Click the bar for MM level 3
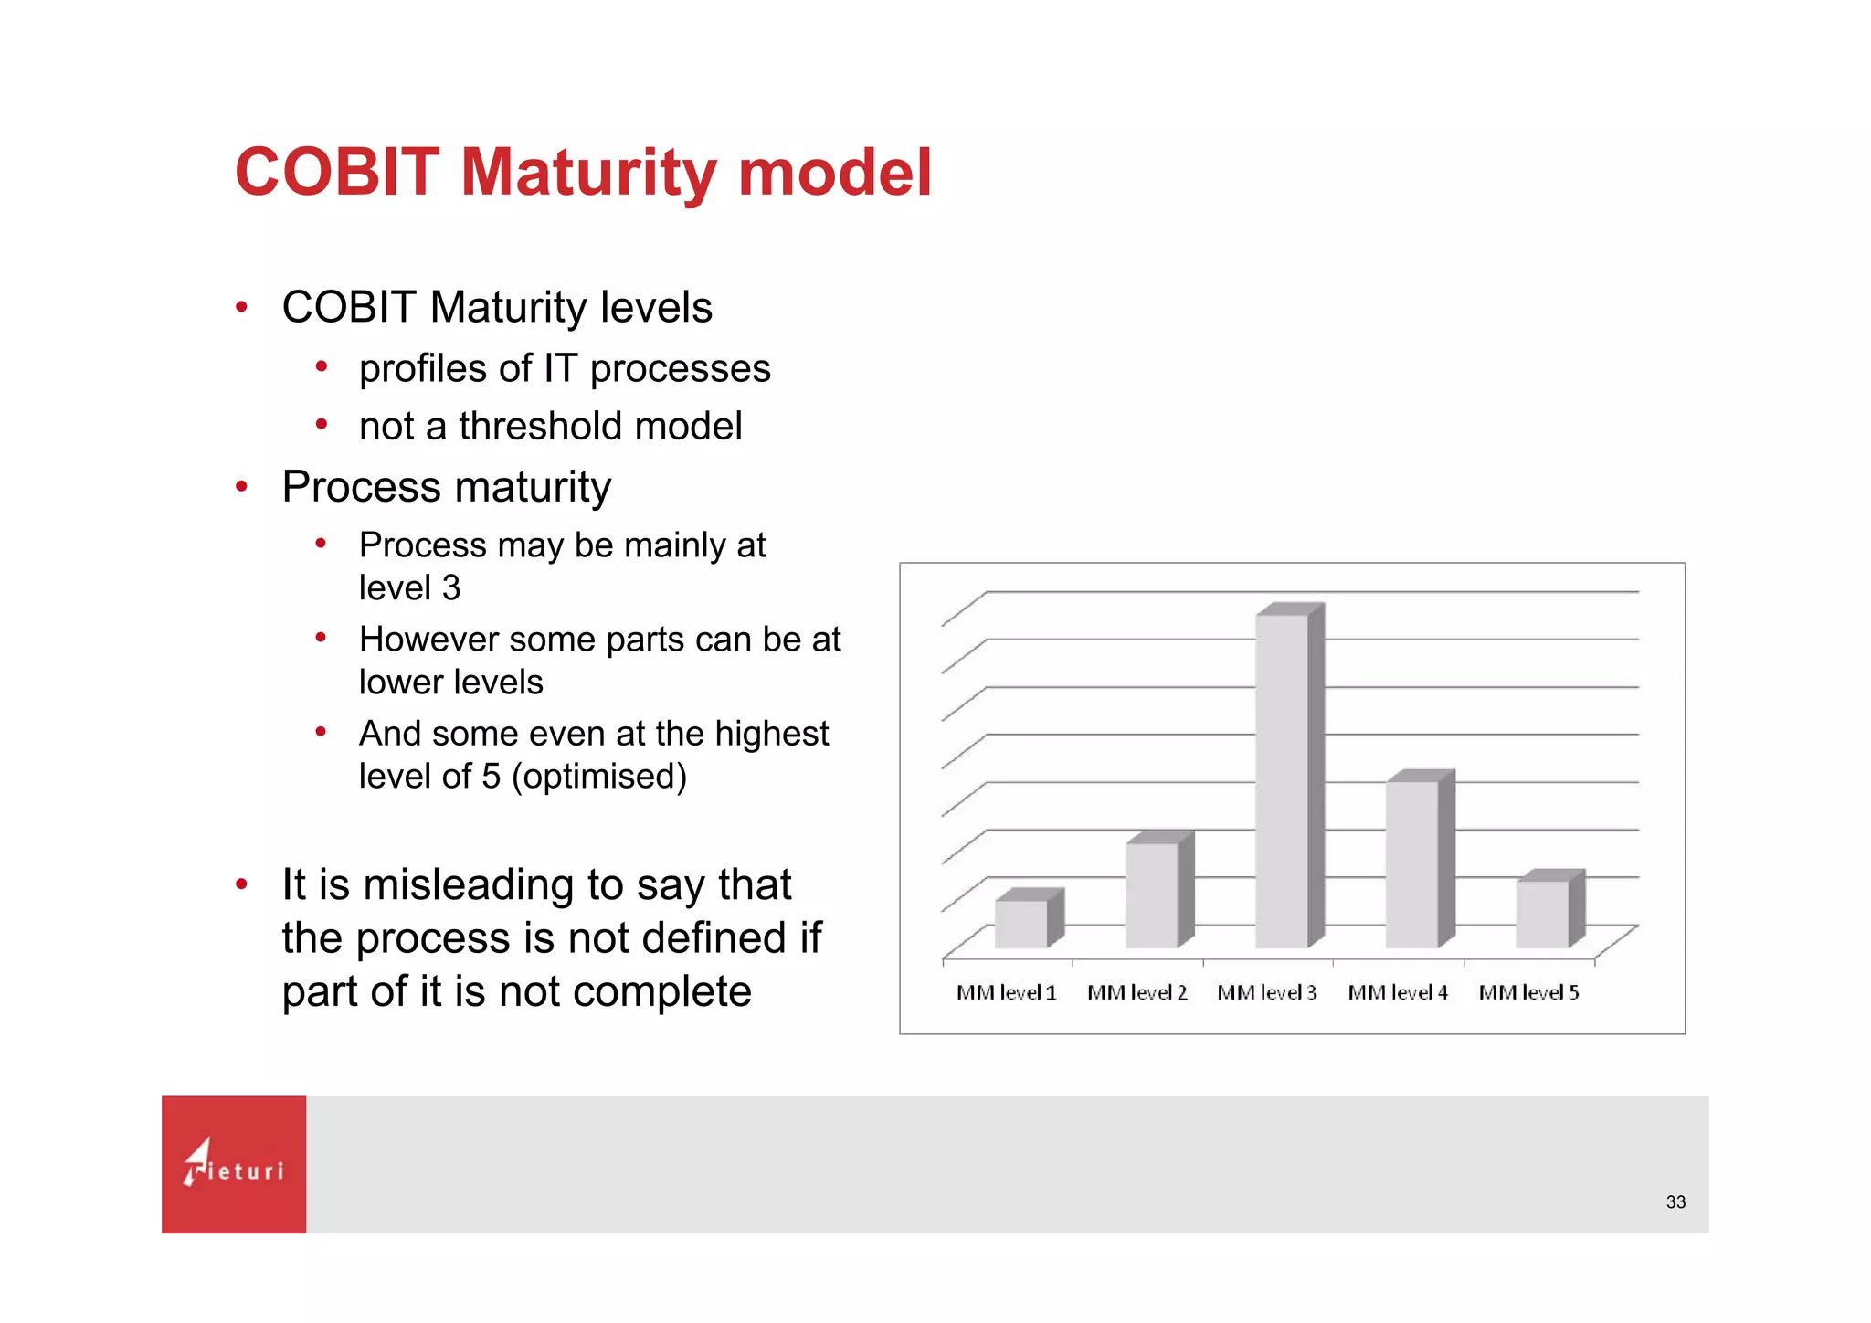click(x=1282, y=781)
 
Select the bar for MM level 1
click(x=1021, y=923)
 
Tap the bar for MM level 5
click(x=1543, y=914)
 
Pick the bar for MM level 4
click(x=1412, y=863)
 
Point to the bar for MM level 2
click(x=1152, y=895)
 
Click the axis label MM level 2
click(x=1136, y=992)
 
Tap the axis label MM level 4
click(x=1398, y=992)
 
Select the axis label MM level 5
click(x=1528, y=992)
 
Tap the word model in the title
click(x=834, y=172)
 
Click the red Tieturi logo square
click(x=234, y=1164)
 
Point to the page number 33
click(x=1675, y=1202)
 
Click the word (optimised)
click(x=598, y=777)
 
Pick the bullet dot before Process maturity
click(x=241, y=486)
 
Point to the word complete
click(x=661, y=991)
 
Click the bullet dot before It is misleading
click(x=241, y=884)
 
